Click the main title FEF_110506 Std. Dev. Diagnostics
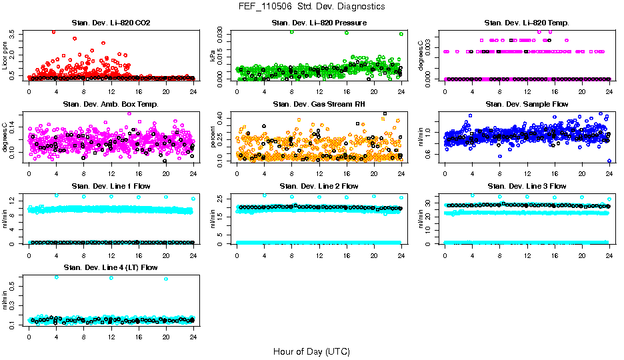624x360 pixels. coord(311,7)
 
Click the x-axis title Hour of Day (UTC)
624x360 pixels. coord(311,351)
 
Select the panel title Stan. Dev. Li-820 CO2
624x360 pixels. coord(111,23)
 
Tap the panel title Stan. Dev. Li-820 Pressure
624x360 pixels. coord(319,23)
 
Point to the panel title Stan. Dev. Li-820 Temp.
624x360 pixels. coord(527,23)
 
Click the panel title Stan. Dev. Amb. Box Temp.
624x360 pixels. coord(111,104)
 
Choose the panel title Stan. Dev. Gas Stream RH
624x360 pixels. coord(319,104)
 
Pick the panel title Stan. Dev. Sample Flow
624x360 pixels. coord(527,104)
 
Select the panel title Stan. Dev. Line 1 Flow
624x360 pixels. coord(111,186)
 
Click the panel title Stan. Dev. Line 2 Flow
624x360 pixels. coord(319,186)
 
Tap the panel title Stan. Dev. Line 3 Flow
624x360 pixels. coord(527,186)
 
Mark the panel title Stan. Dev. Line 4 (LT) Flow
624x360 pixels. coord(111,267)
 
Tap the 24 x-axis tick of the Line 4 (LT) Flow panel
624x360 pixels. coord(193,337)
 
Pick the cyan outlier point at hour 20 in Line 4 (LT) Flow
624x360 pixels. coord(166,279)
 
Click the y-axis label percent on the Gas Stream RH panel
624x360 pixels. coord(213,138)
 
